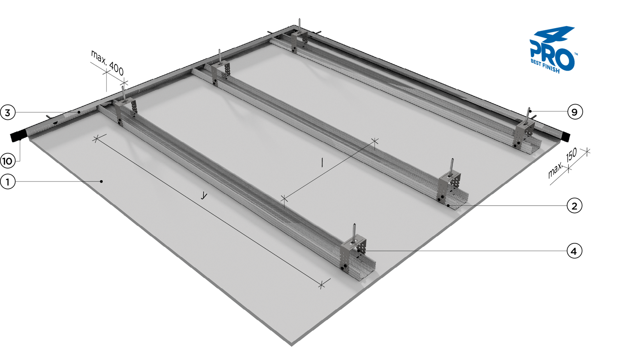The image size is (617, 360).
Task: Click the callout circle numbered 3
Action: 8,112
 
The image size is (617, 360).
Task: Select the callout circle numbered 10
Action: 8,161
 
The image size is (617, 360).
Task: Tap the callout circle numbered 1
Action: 8,182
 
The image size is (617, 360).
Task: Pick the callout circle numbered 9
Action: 575,112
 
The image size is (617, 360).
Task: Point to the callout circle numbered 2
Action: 574,206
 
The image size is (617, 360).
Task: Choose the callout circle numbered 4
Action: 574,251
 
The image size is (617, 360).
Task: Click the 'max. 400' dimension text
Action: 107,63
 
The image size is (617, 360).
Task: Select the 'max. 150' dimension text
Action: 562,163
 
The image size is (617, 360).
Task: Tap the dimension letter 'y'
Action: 204,195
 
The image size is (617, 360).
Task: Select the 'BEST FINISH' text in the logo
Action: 545,67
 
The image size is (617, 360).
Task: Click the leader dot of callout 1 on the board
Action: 102,181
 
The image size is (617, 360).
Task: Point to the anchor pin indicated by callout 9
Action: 528,116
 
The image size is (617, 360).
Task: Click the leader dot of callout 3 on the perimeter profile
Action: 79,112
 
